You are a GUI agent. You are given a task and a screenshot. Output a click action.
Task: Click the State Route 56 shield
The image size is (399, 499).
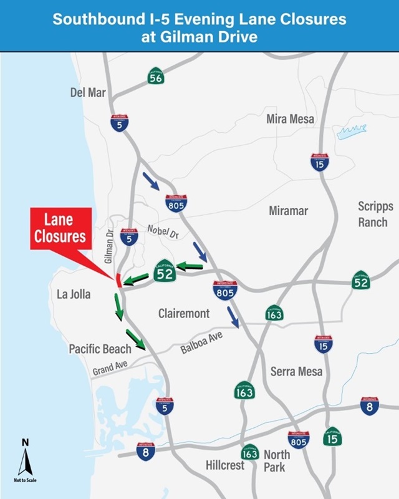156,77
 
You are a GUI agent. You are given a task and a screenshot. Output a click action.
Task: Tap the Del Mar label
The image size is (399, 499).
88,93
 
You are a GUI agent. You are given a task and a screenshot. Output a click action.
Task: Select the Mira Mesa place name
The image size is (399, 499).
290,119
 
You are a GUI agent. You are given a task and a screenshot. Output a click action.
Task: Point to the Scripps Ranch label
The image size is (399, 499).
373,214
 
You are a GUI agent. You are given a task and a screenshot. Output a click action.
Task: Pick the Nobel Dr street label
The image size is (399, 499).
163,233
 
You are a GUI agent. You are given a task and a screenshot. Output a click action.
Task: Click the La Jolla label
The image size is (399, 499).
72,293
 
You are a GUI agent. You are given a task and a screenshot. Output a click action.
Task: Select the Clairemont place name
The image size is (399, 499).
184,313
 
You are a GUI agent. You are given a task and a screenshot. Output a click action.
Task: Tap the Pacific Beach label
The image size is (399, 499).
100,349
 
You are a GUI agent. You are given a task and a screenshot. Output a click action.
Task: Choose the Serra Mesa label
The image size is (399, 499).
296,372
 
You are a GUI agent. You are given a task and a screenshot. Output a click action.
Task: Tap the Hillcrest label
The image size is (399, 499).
225,465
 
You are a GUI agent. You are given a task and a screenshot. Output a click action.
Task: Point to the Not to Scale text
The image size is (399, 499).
26,480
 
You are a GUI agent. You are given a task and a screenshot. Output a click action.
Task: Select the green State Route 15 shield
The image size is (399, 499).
332,437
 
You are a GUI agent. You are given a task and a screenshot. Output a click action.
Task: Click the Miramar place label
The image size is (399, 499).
289,211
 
